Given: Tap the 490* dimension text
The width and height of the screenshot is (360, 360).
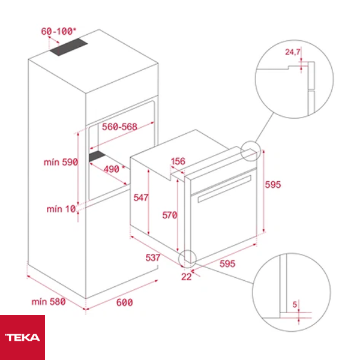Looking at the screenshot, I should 111,169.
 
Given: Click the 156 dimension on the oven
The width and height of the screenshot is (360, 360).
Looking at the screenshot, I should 178,161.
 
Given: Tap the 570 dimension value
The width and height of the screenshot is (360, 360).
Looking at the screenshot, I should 170,215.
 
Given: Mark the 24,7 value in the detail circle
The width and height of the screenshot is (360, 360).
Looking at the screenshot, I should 292,53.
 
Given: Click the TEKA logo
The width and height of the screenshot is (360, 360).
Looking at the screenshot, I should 22,337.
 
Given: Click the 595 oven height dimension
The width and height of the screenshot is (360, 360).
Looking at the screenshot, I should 273,184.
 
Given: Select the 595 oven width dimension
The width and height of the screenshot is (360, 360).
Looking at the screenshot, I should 227,263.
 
